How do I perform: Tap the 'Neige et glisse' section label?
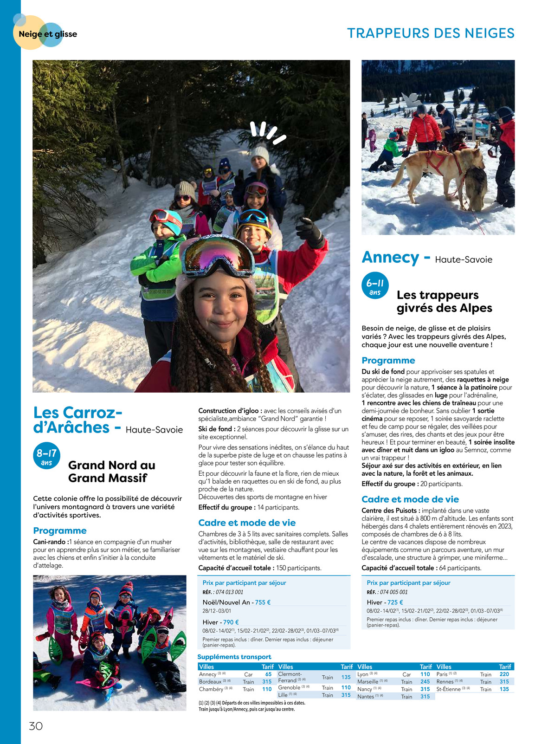pyautogui.click(x=48, y=34)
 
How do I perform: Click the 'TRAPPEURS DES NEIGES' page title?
pyautogui.click(x=431, y=33)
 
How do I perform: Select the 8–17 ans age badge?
pyautogui.click(x=46, y=456)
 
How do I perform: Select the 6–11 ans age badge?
pyautogui.click(x=375, y=285)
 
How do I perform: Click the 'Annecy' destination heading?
pyautogui.click(x=390, y=257)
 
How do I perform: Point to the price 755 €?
pyautogui.click(x=263, y=602)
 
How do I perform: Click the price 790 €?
pyautogui.click(x=231, y=622)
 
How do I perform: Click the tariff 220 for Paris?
pyautogui.click(x=504, y=674)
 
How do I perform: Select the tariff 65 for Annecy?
pyautogui.click(x=268, y=674)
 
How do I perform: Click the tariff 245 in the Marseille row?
pyautogui.click(x=425, y=682)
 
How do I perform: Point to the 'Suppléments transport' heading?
pyautogui.click(x=234, y=657)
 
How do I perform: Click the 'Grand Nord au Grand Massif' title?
pyautogui.click(x=111, y=472)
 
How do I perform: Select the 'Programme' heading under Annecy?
pyautogui.click(x=388, y=361)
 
